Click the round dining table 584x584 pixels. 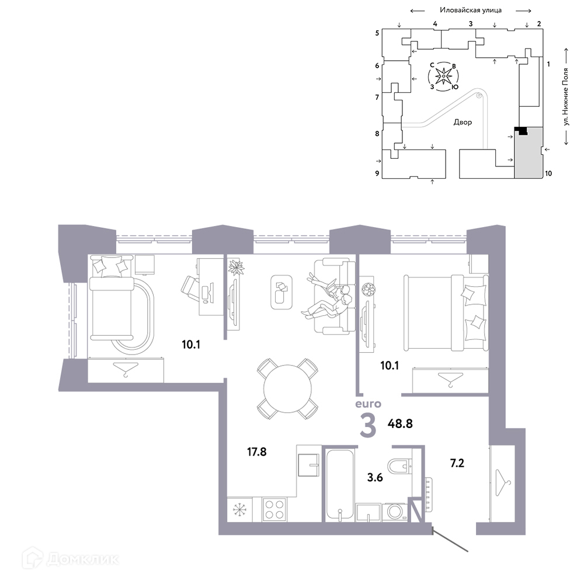287,388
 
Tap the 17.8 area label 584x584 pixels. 256,452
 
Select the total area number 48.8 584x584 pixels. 400,423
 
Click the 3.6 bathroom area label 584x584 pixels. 375,477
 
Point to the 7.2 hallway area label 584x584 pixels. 457,463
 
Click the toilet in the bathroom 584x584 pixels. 399,466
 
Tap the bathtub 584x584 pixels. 340,485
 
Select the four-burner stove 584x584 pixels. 274,509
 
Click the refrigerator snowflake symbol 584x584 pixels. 238,510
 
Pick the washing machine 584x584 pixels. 394,512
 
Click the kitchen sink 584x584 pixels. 309,465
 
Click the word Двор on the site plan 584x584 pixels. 463,122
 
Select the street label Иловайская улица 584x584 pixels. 470,10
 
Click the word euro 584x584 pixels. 368,404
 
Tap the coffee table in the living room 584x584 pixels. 281,292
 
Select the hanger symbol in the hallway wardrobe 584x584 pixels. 503,483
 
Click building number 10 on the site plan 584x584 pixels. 548,173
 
